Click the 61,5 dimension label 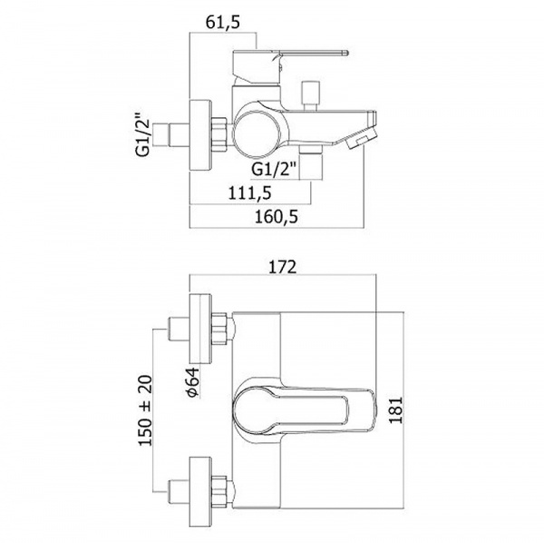pyautogui.click(x=223, y=23)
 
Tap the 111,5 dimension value pyautogui.click(x=249, y=193)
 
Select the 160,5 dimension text pyautogui.click(x=277, y=217)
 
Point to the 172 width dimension pyautogui.click(x=283, y=267)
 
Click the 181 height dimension pyautogui.click(x=396, y=410)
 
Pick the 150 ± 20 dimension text pyautogui.click(x=145, y=410)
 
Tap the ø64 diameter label pyautogui.click(x=192, y=381)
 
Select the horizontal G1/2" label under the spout pyautogui.click(x=274, y=170)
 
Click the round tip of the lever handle pyautogui.click(x=345, y=54)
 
